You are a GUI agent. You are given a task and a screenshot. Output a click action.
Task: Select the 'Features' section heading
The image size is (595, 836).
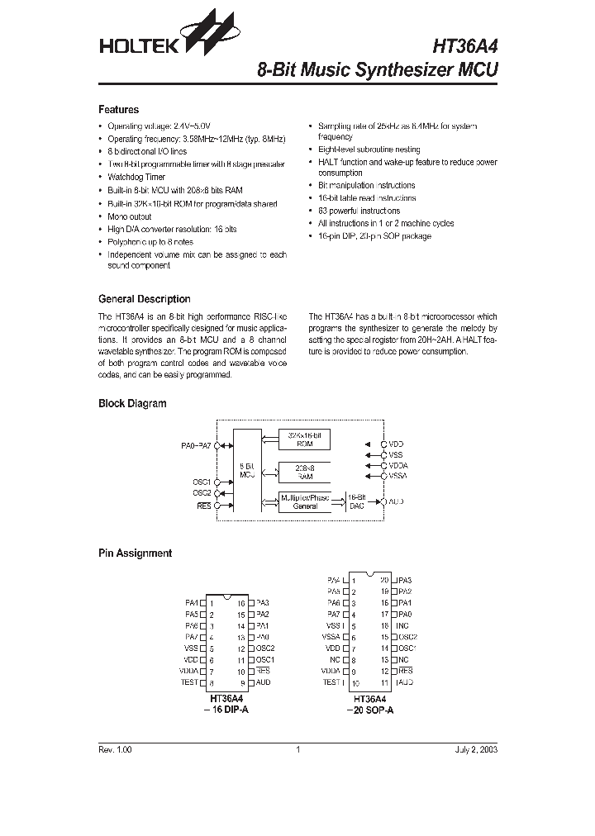pyautogui.click(x=118, y=110)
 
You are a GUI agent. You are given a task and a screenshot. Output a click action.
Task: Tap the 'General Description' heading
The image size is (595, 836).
pyautogui.click(x=144, y=299)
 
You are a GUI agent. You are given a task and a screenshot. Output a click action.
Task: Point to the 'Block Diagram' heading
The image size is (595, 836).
pyautogui.click(x=132, y=403)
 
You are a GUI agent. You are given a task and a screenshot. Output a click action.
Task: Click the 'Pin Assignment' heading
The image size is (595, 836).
pyautogui.click(x=135, y=553)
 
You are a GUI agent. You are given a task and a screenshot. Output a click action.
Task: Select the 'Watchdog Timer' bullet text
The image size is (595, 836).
pyautogui.click(x=136, y=177)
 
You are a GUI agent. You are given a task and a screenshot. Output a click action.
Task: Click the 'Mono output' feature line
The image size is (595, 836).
pyautogui.click(x=130, y=216)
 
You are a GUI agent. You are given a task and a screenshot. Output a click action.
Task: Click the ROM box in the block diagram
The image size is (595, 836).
pyautogui.click(x=305, y=439)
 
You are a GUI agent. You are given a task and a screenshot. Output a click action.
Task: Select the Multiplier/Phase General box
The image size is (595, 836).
pyautogui.click(x=305, y=501)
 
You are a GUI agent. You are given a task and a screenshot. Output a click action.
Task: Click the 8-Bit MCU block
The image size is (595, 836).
pyautogui.click(x=246, y=471)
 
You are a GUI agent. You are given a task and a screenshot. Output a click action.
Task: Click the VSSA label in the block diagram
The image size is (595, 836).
pyautogui.click(x=398, y=476)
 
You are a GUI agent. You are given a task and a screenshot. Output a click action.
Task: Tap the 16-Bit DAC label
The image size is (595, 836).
pyautogui.click(x=357, y=501)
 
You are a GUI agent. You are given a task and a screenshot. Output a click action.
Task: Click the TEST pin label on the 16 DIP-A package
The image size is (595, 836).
pyautogui.click(x=189, y=682)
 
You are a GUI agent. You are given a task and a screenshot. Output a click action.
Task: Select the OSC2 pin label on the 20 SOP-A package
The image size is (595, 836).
pyautogui.click(x=407, y=637)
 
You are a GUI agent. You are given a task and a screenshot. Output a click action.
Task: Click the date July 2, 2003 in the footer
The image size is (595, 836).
pyautogui.click(x=476, y=749)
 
